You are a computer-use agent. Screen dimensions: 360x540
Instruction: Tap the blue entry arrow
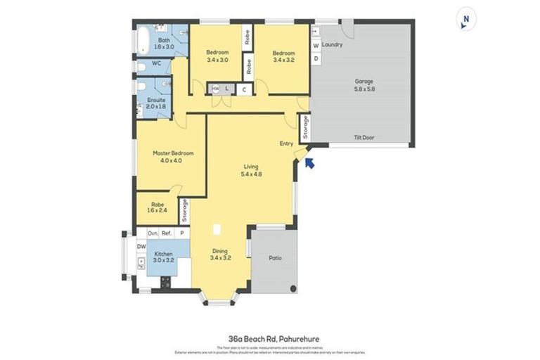310,164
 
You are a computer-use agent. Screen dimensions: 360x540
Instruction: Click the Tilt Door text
364,138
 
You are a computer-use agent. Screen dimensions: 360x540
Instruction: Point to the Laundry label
333,45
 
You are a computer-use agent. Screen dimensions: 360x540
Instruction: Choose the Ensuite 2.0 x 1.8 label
156,103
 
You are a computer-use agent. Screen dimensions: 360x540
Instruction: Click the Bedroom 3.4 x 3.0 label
217,56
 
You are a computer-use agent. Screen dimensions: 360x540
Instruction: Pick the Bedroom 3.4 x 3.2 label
284,56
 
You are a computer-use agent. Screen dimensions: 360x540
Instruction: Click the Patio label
275,258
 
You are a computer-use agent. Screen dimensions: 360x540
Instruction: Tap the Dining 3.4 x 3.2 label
221,254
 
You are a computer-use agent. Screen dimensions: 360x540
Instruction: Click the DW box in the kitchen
141,246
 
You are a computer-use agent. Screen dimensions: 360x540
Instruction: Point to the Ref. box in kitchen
167,233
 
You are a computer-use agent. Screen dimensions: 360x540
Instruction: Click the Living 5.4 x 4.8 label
252,170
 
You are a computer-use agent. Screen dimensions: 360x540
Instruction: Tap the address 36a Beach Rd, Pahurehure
270,338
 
